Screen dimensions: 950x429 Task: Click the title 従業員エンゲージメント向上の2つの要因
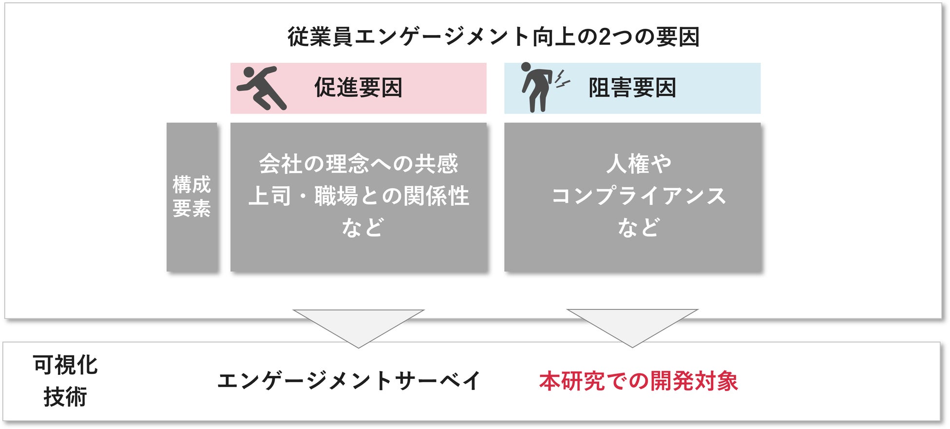[493, 37]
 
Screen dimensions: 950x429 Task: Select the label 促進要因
[358, 88]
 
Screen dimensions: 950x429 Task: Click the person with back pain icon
[536, 88]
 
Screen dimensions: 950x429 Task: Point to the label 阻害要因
[632, 88]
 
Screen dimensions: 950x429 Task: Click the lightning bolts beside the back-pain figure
[562, 80]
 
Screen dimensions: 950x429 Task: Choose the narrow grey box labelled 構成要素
[191, 197]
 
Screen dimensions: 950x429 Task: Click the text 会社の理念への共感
[358, 164]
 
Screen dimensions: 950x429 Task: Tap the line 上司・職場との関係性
[358, 196]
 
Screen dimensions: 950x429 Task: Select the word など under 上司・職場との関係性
[363, 228]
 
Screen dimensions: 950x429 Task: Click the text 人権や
[639, 164]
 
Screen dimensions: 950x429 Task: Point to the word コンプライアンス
[639, 196]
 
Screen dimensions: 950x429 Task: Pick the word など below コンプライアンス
[639, 228]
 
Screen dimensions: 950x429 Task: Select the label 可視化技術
[65, 381]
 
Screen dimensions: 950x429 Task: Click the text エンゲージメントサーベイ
[349, 381]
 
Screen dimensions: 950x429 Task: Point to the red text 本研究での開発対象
[638, 381]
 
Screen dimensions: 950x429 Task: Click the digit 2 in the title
[605, 37]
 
